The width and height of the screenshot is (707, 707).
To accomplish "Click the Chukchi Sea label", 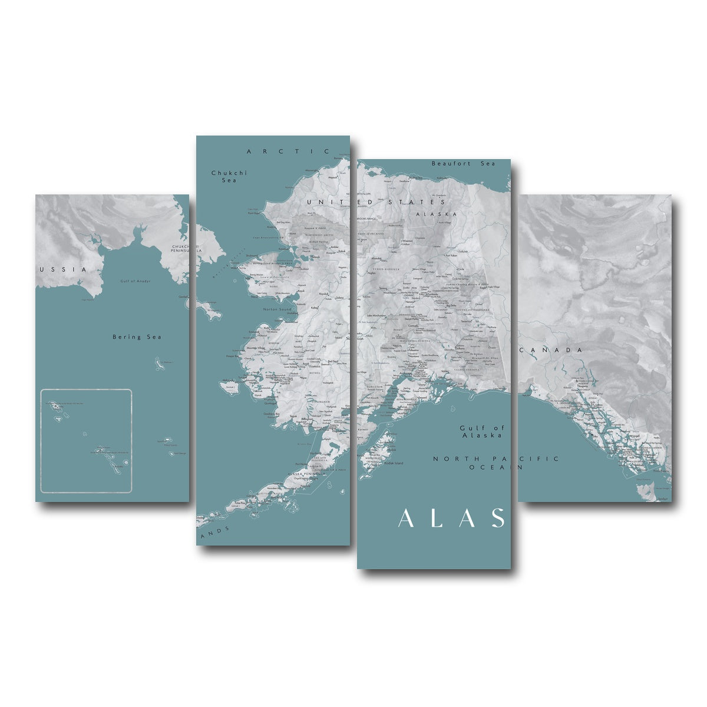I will pos(229,176).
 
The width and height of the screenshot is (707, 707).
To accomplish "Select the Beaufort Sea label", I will pos(463,163).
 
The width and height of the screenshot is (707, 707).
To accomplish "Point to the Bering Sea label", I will pos(137,337).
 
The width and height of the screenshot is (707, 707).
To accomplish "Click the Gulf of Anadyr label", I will pos(136,281).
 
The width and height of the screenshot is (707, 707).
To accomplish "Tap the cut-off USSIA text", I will pos(62,269).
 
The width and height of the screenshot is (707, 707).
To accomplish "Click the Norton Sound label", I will pos(277,309).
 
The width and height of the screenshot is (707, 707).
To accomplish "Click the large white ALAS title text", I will pos(451,518).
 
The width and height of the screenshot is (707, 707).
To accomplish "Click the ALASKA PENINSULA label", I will pos(305,473).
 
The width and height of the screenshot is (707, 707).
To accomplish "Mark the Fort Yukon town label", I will pos(451,256).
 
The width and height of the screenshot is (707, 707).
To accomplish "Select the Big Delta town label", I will pos(451,306).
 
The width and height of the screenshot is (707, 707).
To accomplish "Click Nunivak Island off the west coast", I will pos(230,386).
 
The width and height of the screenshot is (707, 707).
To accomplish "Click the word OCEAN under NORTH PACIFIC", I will pos(495,467).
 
